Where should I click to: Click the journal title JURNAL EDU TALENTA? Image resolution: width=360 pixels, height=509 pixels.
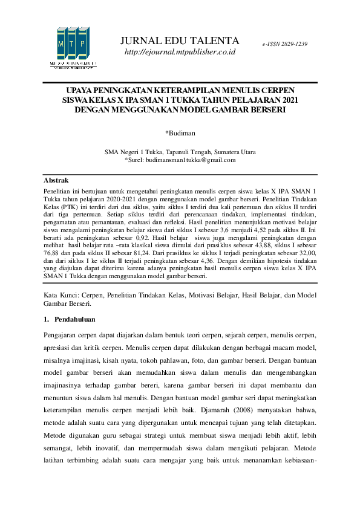tap(180, 41)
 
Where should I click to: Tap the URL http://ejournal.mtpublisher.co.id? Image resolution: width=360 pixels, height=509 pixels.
tap(180, 53)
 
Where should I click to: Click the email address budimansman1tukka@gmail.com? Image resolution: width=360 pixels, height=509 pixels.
tap(184, 160)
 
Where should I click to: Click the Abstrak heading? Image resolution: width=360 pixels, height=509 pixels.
tap(56, 181)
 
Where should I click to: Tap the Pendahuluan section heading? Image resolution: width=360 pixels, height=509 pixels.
tap(74, 319)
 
